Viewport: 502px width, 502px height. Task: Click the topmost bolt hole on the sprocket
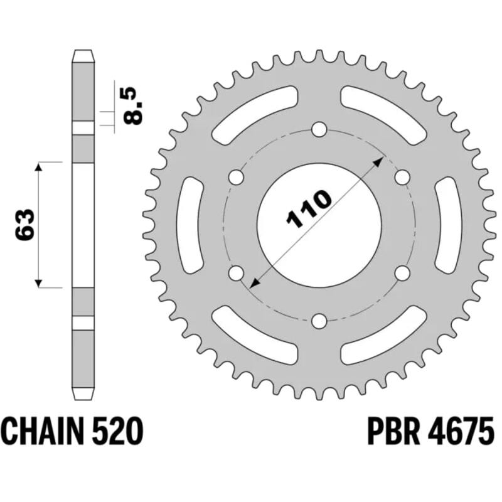point(319,131)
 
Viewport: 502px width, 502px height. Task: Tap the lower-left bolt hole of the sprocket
point(237,274)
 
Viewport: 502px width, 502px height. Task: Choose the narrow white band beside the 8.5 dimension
point(83,128)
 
